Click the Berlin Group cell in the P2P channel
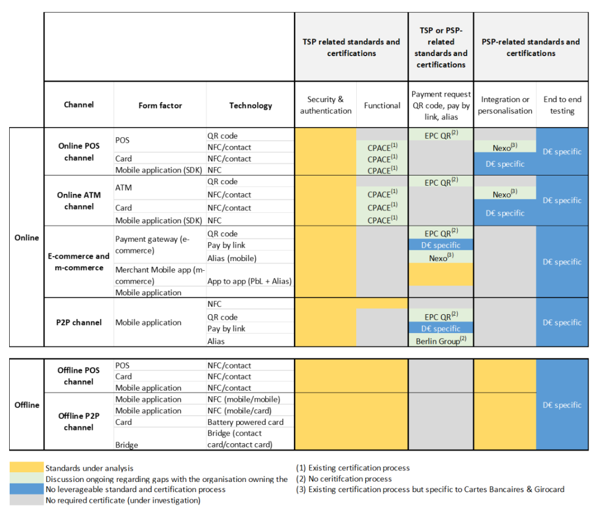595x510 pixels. coord(440,341)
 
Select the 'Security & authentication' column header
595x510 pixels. coord(326,105)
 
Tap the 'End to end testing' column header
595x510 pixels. coord(561,105)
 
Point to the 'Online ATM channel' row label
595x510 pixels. coord(79,200)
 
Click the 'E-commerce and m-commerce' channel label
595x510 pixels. coord(79,262)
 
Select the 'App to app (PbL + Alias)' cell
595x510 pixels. coord(249,280)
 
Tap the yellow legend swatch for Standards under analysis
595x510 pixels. coord(27,468)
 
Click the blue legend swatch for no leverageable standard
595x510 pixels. coord(27,490)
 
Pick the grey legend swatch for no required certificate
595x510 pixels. coord(27,500)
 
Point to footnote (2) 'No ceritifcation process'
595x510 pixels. coord(344,479)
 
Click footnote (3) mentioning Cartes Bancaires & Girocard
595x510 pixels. coord(430,490)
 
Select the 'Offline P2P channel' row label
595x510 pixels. coord(79,421)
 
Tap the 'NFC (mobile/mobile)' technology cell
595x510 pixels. coord(243,399)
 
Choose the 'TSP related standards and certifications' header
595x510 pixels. coord(351,47)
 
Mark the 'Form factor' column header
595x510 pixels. coord(160,105)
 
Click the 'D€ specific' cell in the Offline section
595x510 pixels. coord(561,405)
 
